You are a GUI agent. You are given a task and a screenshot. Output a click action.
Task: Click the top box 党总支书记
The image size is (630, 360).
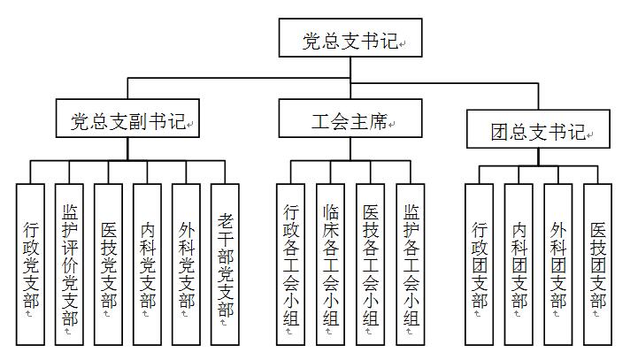tap(350, 37)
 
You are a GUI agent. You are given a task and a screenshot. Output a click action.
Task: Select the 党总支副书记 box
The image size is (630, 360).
tap(127, 119)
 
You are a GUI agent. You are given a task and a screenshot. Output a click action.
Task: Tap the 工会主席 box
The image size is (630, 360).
tap(350, 119)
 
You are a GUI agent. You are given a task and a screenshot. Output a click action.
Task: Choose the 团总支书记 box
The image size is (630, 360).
tap(538, 129)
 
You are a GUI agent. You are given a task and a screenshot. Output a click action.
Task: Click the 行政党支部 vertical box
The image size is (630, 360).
tap(30, 264)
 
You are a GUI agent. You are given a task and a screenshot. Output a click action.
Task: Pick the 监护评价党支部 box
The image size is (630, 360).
tap(69, 264)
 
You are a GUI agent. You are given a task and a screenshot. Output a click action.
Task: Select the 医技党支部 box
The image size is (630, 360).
tap(108, 264)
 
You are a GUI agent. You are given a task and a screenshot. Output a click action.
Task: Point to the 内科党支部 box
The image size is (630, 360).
tap(147, 264)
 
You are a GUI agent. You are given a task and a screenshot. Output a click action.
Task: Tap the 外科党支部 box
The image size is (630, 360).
tap(186, 264)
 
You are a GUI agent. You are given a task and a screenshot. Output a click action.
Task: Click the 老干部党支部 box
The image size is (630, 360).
tap(225, 264)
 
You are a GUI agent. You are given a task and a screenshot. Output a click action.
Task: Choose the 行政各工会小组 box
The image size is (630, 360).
tap(290, 264)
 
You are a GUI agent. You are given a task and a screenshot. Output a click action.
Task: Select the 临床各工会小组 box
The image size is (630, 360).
tap(330, 264)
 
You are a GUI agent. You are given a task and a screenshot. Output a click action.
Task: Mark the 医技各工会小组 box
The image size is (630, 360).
tap(370, 264)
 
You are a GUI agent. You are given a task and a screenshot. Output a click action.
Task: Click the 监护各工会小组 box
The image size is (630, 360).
tap(411, 264)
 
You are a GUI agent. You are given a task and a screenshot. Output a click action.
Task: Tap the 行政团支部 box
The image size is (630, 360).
tap(479, 264)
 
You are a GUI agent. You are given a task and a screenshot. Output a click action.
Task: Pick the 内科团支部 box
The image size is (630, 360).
tap(519, 264)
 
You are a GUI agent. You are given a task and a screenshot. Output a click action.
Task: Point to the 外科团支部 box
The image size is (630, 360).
tap(558, 264)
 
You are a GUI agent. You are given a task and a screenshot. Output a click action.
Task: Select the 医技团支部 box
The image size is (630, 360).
tap(597, 264)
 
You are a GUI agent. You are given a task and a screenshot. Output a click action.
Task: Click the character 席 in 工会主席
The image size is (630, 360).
tap(378, 121)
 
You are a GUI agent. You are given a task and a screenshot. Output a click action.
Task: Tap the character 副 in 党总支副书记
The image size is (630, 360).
tap(138, 121)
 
